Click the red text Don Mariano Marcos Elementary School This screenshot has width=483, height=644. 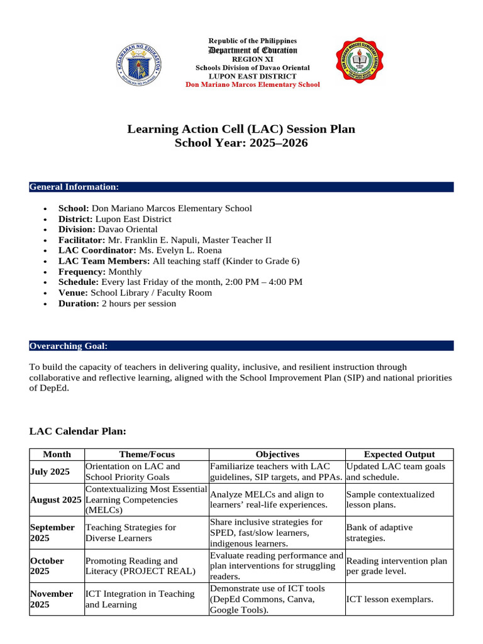(x=252, y=84)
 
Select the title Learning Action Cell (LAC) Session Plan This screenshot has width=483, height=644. (x=241, y=130)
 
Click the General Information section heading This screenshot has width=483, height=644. (x=74, y=187)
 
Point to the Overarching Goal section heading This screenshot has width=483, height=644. (x=69, y=346)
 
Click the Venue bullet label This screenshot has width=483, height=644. (x=74, y=292)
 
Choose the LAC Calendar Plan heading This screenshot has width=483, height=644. (x=78, y=431)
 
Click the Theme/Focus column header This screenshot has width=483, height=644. (x=147, y=454)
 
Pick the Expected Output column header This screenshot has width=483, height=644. (x=399, y=454)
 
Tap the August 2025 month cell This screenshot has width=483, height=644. (x=55, y=499)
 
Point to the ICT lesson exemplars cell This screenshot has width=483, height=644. (x=389, y=599)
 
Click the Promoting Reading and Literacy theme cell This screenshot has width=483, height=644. (x=140, y=565)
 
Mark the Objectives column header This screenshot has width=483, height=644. (x=277, y=454)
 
